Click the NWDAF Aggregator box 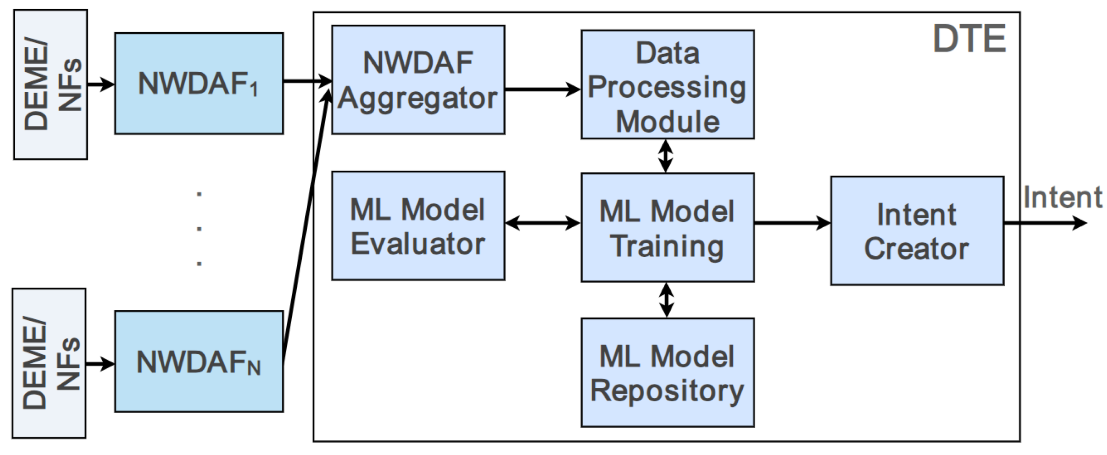coord(418,80)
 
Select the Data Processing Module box coord(667,84)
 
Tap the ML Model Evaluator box coord(418,226)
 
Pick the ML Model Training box coord(667,228)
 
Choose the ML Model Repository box coord(667,373)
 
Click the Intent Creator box coord(917,231)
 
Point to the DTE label coord(969,39)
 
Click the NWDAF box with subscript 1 coord(199,83)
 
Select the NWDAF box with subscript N coord(199,361)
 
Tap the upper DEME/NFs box coord(51,85)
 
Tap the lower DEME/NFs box coord(49,364)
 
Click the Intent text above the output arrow coord(1062,198)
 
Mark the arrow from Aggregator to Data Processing coord(542,89)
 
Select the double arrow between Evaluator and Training coord(542,223)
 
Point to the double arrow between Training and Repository coord(666,300)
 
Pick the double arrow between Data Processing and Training coord(666,156)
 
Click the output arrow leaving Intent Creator coord(1044,223)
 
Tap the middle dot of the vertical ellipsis coord(199,229)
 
